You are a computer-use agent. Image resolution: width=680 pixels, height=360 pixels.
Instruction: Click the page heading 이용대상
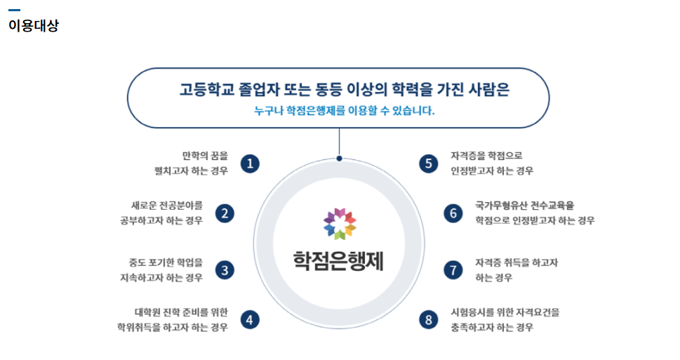[x=34, y=25]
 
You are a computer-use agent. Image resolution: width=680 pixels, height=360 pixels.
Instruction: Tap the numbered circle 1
[x=250, y=164]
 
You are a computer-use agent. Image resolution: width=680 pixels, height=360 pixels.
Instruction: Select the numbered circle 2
[x=225, y=213]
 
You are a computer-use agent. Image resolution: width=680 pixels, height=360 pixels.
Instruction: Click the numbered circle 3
[x=225, y=270]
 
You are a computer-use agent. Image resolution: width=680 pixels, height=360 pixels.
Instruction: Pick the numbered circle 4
[x=250, y=320]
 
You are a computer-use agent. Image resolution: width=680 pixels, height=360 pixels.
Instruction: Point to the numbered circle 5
[x=429, y=164]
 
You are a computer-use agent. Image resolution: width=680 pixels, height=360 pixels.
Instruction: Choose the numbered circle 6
[x=453, y=213]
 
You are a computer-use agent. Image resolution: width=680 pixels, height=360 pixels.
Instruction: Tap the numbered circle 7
[x=453, y=270]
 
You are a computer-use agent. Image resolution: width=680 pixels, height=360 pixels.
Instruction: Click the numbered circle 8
[x=429, y=320]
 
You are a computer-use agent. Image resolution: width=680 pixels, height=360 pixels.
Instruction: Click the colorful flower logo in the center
[x=340, y=224]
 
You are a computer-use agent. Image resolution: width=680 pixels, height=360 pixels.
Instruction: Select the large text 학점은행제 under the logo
[x=338, y=261]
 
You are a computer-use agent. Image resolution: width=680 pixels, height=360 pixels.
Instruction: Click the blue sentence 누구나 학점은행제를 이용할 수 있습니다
[x=345, y=111]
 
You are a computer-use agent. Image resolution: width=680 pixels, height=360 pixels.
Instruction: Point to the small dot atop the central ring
[x=339, y=159]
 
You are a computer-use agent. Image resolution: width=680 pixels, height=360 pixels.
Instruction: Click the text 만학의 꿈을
[x=205, y=156]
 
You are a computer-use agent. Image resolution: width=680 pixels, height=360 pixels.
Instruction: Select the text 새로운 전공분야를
[x=167, y=205]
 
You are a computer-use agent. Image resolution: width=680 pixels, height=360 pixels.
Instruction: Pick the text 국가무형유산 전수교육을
[x=525, y=205]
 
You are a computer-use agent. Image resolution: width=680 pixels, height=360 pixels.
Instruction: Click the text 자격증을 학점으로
[x=486, y=156]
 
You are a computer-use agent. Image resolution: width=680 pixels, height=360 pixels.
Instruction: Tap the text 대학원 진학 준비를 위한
[x=181, y=312]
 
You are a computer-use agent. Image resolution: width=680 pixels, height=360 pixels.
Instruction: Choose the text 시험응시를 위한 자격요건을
[x=505, y=312]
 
